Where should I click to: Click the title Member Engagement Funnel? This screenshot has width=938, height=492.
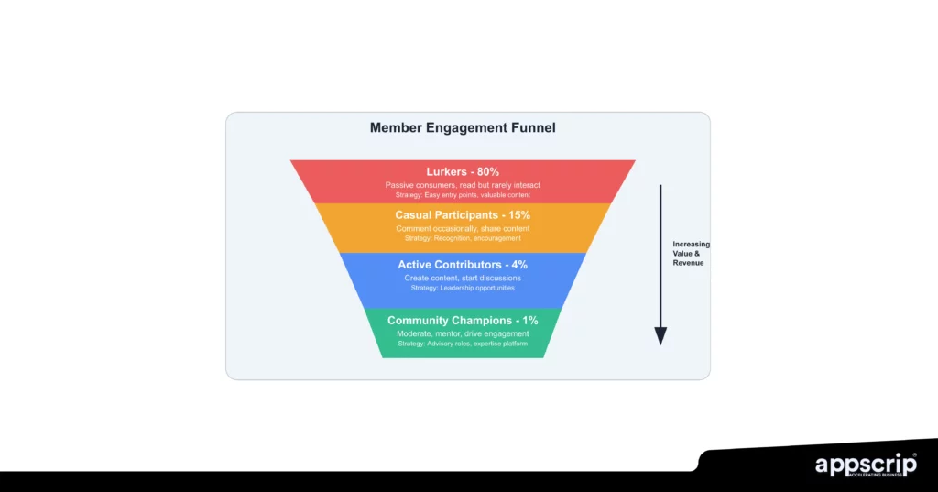[x=463, y=128]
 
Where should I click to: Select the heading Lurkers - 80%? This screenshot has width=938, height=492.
[x=463, y=172]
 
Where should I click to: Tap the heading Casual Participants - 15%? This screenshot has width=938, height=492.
[x=463, y=215]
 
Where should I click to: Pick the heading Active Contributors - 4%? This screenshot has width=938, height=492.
[x=463, y=265]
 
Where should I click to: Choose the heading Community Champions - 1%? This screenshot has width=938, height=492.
[x=463, y=321]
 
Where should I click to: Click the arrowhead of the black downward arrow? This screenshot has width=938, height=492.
[x=660, y=336]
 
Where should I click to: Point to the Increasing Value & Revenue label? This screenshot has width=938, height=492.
[x=691, y=254]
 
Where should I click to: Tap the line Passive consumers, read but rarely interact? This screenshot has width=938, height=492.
[x=463, y=185]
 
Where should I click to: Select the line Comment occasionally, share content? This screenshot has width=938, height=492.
[x=463, y=228]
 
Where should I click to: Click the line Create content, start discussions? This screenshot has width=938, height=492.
[x=463, y=278]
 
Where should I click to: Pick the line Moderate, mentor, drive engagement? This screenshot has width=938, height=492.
[x=463, y=333]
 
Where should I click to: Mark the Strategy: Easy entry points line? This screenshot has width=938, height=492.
[x=463, y=195]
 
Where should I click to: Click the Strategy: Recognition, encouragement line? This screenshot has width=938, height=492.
[x=463, y=238]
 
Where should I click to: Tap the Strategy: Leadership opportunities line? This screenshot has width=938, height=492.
[x=463, y=288]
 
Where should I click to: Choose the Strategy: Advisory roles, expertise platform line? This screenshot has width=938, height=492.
[x=463, y=344]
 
